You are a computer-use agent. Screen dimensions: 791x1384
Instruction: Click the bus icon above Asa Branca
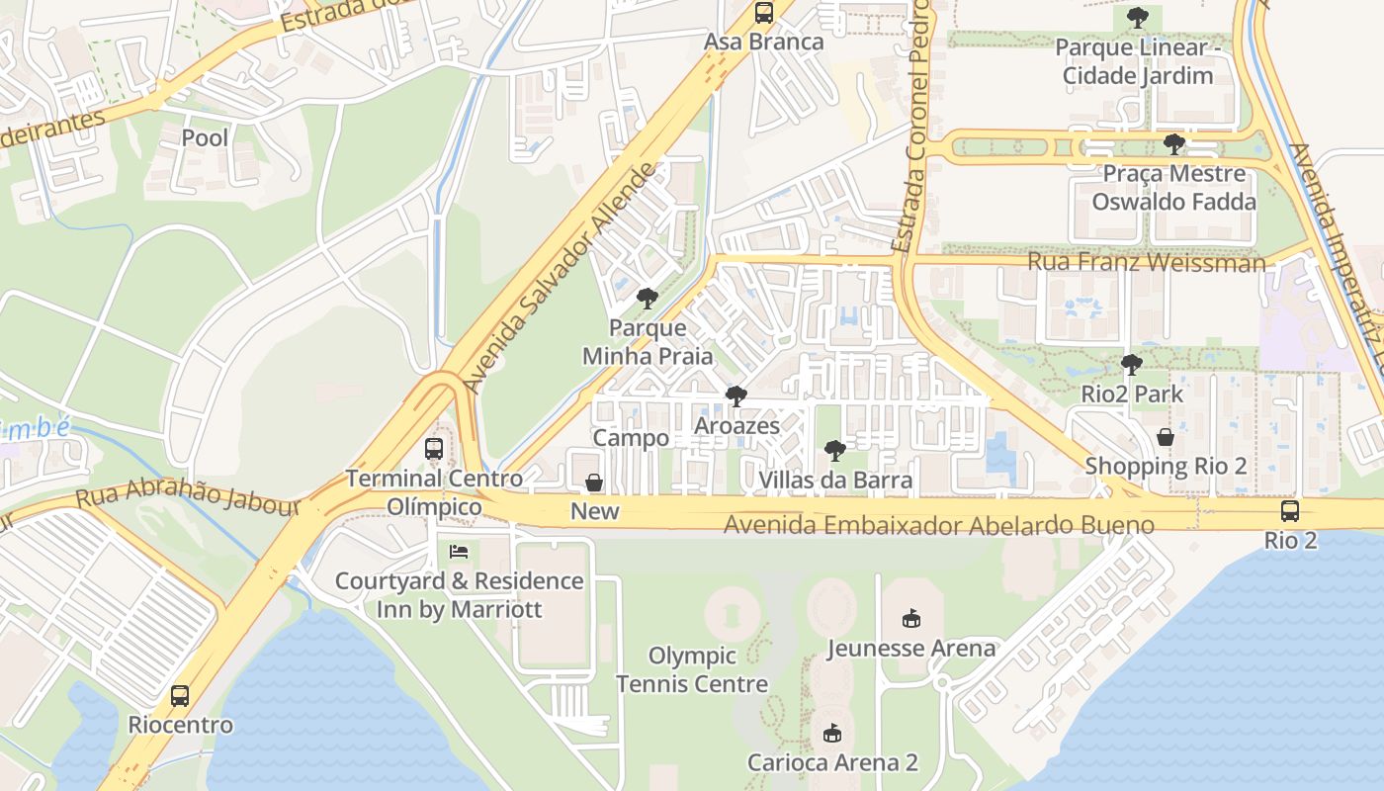(763, 13)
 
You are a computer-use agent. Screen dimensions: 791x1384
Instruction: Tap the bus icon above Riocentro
(179, 695)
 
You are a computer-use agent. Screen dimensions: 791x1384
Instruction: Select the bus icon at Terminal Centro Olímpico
(433, 448)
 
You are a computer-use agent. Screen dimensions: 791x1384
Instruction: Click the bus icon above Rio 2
(1290, 511)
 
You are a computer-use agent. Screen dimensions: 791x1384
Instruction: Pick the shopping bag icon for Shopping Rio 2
(1166, 436)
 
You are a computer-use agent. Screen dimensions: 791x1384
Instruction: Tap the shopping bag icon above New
(594, 483)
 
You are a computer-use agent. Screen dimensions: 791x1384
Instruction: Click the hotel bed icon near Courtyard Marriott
(459, 551)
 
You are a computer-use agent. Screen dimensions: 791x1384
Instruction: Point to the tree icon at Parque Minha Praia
(647, 298)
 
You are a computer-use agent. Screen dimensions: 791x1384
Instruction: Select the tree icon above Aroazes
(735, 396)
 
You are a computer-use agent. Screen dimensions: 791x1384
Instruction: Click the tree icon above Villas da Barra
(834, 451)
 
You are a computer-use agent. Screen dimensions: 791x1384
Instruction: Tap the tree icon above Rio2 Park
(1131, 365)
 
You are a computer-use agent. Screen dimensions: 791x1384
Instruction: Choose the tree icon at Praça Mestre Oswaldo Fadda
(1173, 144)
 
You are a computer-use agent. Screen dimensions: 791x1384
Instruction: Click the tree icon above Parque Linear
(1137, 17)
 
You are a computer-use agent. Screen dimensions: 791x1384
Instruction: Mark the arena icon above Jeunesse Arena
(910, 619)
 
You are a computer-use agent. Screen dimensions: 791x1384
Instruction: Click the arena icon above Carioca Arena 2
(831, 733)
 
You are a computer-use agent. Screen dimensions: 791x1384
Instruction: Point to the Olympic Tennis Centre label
(692, 669)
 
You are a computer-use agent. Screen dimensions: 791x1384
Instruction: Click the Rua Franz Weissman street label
(1146, 262)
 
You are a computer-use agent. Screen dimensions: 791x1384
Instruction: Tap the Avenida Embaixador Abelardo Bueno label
(938, 524)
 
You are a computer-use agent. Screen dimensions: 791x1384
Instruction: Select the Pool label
(205, 137)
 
